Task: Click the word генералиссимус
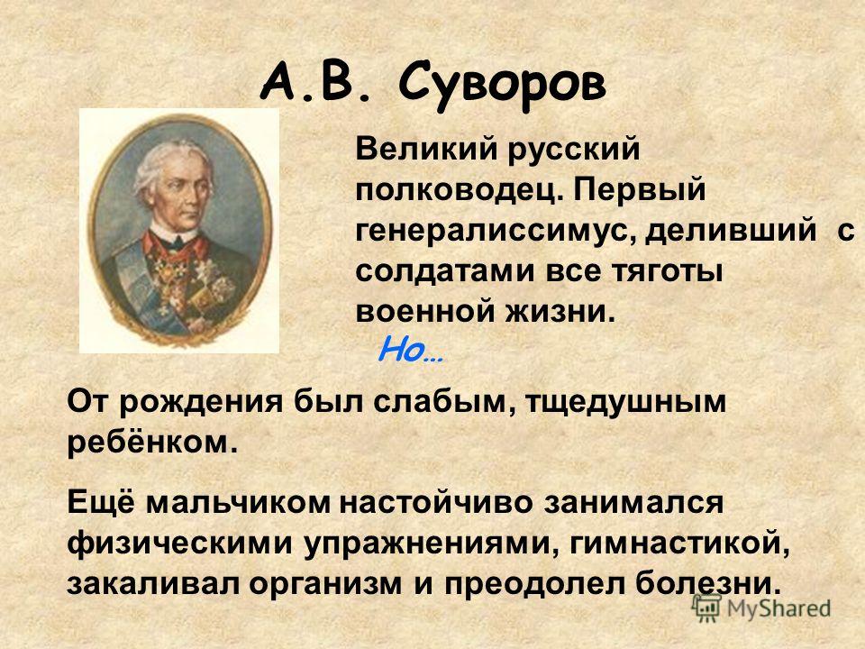(x=496, y=232)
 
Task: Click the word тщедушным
(x=624, y=403)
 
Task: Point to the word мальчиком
(x=240, y=503)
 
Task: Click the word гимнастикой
(x=678, y=544)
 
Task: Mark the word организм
(x=325, y=585)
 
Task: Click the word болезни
(x=708, y=584)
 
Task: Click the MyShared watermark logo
(x=761, y=608)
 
